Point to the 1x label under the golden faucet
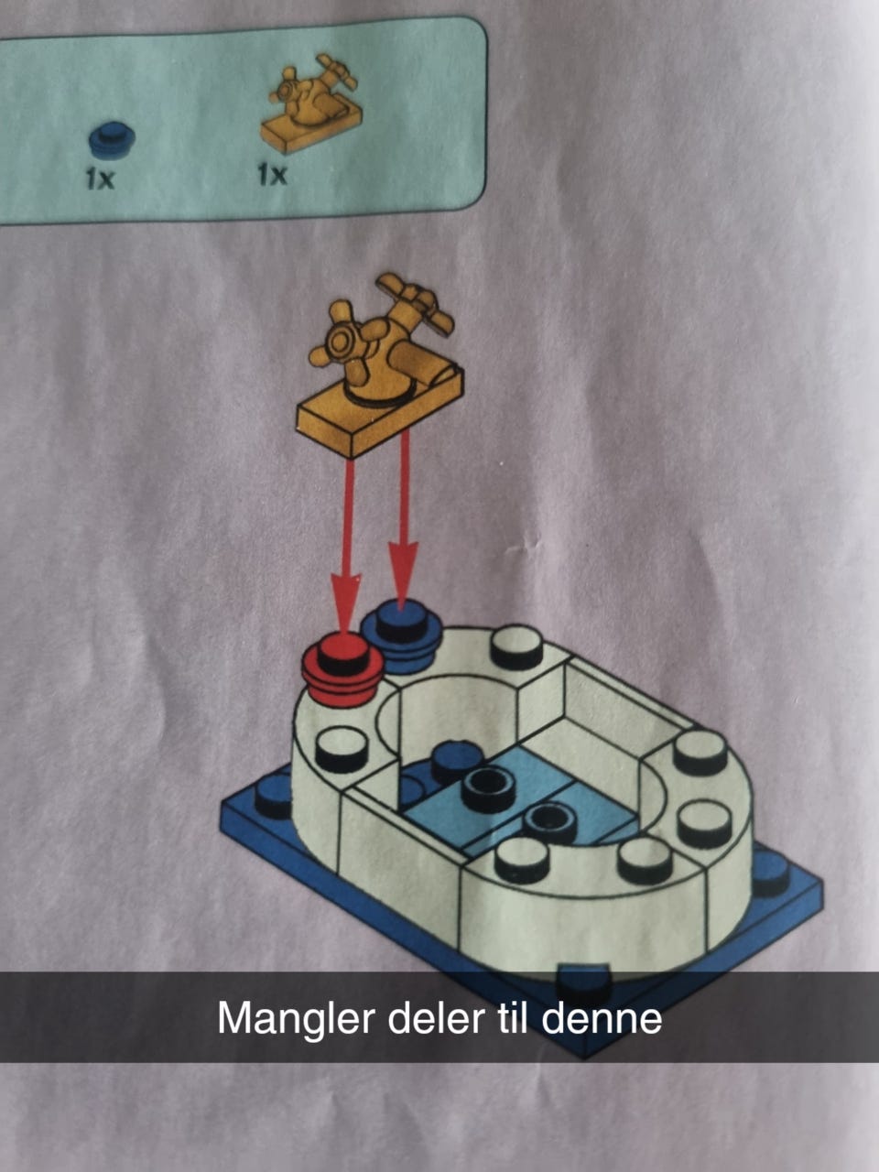272,175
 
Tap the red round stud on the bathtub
342,669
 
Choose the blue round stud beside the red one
401,635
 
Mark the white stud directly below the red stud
341,749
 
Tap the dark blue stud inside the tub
456,760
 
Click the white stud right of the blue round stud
516,647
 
